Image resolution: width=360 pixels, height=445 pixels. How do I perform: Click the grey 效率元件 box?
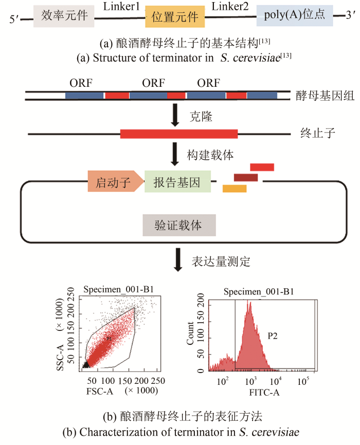pos(64,16)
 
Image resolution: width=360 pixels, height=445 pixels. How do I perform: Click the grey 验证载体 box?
pos(178,226)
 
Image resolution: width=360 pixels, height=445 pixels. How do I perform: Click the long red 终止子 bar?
pos(179,134)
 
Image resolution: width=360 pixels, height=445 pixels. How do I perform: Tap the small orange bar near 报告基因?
pos(235,189)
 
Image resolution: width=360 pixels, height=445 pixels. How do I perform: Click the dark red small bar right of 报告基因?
pos(246,177)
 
